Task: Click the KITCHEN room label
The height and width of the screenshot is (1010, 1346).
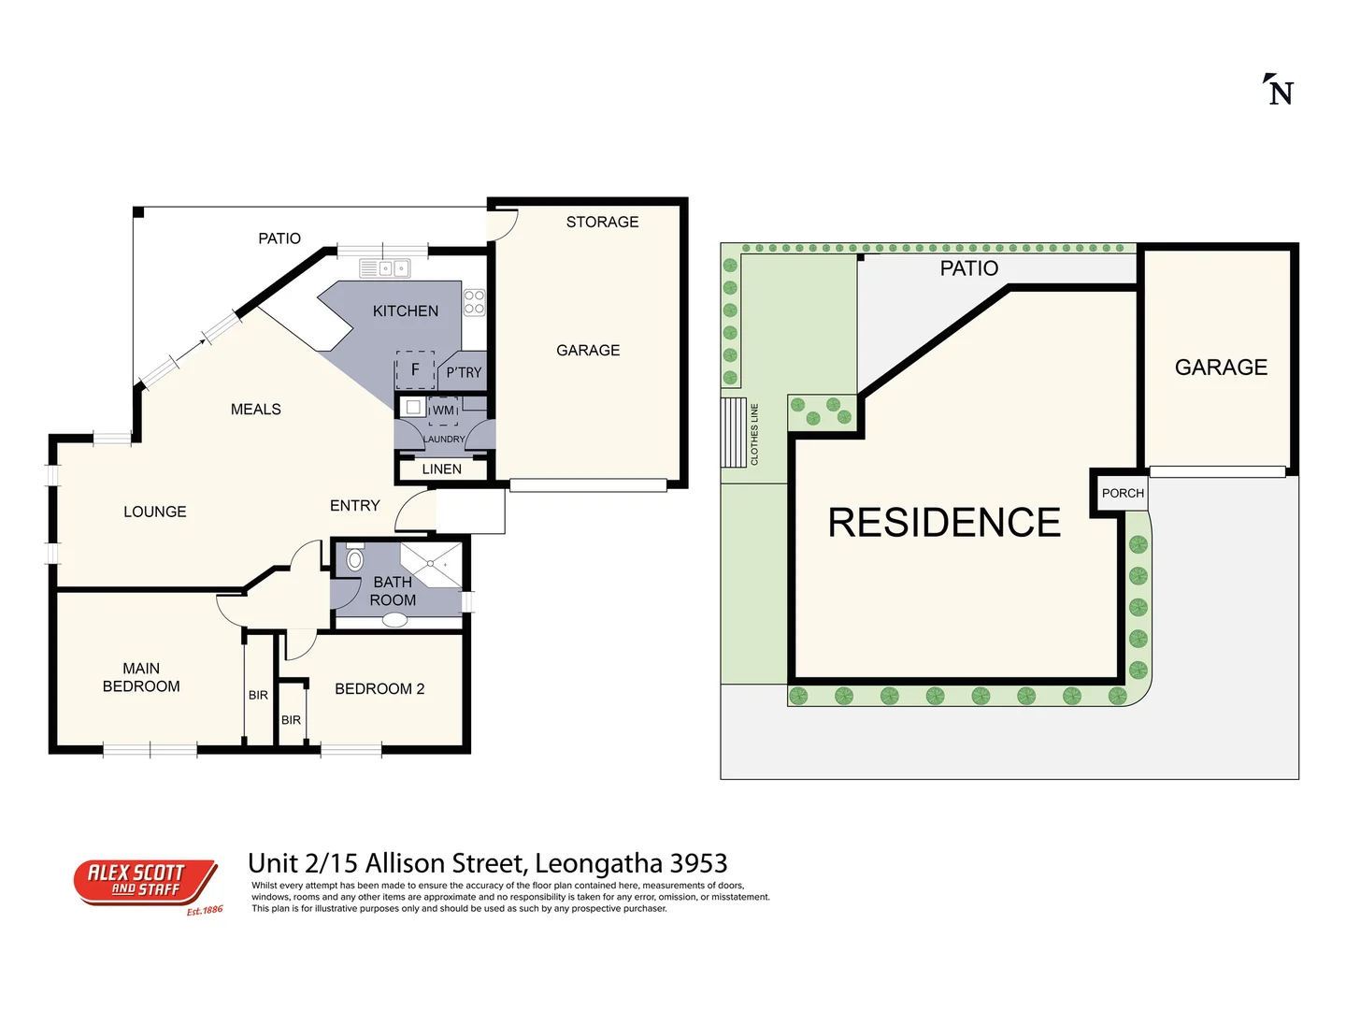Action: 405,310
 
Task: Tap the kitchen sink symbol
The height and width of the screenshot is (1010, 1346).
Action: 385,268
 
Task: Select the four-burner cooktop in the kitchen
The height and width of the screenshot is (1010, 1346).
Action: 474,301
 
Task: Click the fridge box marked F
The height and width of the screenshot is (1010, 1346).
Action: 415,369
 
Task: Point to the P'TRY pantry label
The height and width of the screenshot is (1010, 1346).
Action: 464,372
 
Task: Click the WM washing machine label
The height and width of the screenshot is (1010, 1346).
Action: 443,410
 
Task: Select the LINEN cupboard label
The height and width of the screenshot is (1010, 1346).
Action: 441,469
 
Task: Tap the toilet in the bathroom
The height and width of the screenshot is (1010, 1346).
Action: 354,559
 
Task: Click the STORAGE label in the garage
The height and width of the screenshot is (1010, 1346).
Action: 602,222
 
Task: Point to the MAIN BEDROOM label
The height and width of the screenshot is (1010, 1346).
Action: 141,677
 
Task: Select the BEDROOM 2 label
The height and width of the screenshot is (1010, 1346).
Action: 379,688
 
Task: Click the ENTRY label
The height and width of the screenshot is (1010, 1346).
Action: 354,505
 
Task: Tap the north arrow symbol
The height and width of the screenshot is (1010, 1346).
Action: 1279,90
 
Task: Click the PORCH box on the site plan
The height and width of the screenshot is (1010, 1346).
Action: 1122,493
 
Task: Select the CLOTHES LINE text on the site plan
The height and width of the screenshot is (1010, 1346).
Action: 754,434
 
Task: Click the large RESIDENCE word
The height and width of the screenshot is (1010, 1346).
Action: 944,522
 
